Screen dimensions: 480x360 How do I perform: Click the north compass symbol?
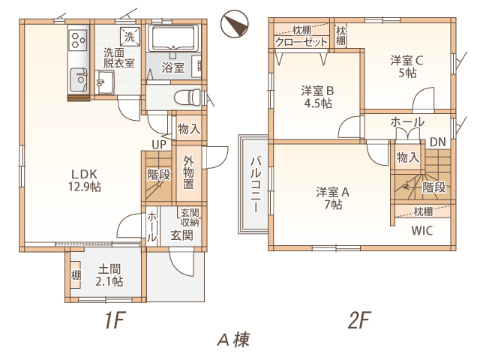tap(235, 24)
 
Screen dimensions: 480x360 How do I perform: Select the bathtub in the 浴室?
tap(173, 38)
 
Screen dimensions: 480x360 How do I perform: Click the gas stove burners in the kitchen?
tap(79, 40)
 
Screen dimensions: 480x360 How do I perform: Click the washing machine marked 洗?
tap(130, 37)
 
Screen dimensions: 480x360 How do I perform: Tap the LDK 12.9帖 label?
tap(85, 180)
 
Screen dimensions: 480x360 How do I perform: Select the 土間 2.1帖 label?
tap(109, 275)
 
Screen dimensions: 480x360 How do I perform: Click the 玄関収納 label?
tap(190, 217)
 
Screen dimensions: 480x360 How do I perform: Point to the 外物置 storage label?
tap(188, 172)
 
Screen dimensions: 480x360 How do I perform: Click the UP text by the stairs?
tap(159, 145)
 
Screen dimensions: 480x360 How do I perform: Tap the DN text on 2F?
tap(438, 142)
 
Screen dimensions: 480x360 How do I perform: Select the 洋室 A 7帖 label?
tap(333, 198)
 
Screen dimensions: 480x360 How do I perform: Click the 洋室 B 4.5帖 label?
tap(318, 97)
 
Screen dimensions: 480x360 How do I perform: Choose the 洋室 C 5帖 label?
tap(407, 67)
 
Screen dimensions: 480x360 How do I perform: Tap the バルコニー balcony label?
tap(256, 184)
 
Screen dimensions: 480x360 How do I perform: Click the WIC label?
tap(422, 230)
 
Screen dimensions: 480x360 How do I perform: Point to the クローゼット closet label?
tap(301, 42)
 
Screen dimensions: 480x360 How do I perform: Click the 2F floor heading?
tap(359, 320)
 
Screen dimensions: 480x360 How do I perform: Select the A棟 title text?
tap(233, 340)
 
